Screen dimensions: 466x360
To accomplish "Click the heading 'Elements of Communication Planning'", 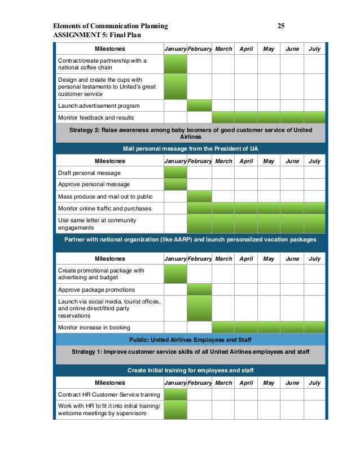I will [110, 26].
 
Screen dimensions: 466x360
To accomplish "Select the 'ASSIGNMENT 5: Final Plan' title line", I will [96, 35].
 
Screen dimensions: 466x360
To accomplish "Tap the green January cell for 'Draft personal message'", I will [175, 173].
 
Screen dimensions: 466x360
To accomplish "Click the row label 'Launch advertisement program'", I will [99, 105].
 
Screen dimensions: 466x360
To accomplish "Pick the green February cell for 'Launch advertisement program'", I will [199, 105].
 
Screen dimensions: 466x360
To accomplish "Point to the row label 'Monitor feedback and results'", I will [96, 117].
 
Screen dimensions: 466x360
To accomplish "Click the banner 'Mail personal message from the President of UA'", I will [191, 148].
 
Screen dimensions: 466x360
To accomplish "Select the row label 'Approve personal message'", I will [94, 184].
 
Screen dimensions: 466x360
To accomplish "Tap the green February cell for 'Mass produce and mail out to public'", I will [199, 196].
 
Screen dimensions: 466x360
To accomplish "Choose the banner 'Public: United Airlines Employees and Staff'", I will [191, 339].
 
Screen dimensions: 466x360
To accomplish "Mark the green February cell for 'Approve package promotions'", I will [199, 289].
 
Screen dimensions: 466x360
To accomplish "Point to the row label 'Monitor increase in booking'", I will [94, 327].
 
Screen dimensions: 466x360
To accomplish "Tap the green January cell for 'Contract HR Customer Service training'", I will [175, 394].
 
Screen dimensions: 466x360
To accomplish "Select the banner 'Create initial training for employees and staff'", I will [191, 370].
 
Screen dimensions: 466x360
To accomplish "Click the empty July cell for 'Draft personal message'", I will [314, 173].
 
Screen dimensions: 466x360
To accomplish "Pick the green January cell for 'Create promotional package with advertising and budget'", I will [175, 274].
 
